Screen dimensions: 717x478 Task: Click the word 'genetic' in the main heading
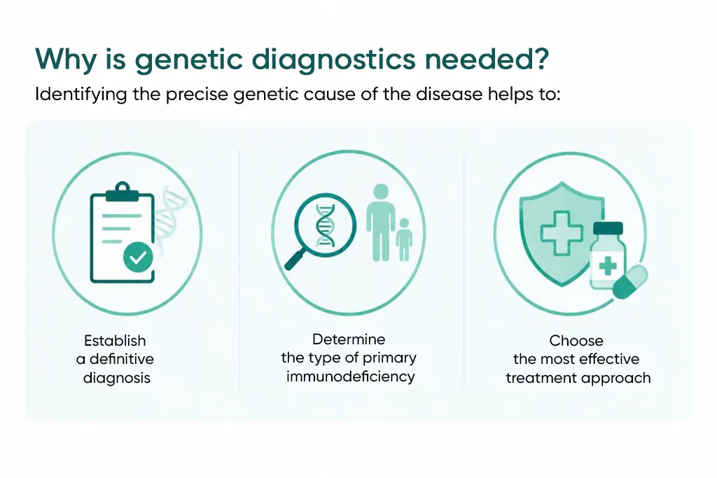pos(188,60)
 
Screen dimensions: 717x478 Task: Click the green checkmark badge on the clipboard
pos(138,258)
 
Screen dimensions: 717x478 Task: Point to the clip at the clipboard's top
pos(122,192)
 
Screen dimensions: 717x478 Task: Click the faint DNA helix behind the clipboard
pos(169,215)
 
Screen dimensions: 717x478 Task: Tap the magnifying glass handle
pos(296,259)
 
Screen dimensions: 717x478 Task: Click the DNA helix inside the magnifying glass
pos(325,225)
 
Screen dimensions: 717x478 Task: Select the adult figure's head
pos(381,192)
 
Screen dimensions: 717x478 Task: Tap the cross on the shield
pos(562,233)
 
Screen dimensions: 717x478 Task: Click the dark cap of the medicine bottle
pos(608,228)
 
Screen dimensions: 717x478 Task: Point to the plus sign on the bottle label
pos(608,265)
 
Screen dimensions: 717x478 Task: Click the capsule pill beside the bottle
pos(629,282)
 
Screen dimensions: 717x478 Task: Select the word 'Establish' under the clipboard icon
pos(115,340)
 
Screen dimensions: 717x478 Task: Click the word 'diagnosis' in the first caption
pos(117,378)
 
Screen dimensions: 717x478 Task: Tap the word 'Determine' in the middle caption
pos(349,339)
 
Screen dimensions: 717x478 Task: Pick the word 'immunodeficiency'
pos(350,377)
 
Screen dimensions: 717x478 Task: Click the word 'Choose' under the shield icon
pos(576,340)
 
